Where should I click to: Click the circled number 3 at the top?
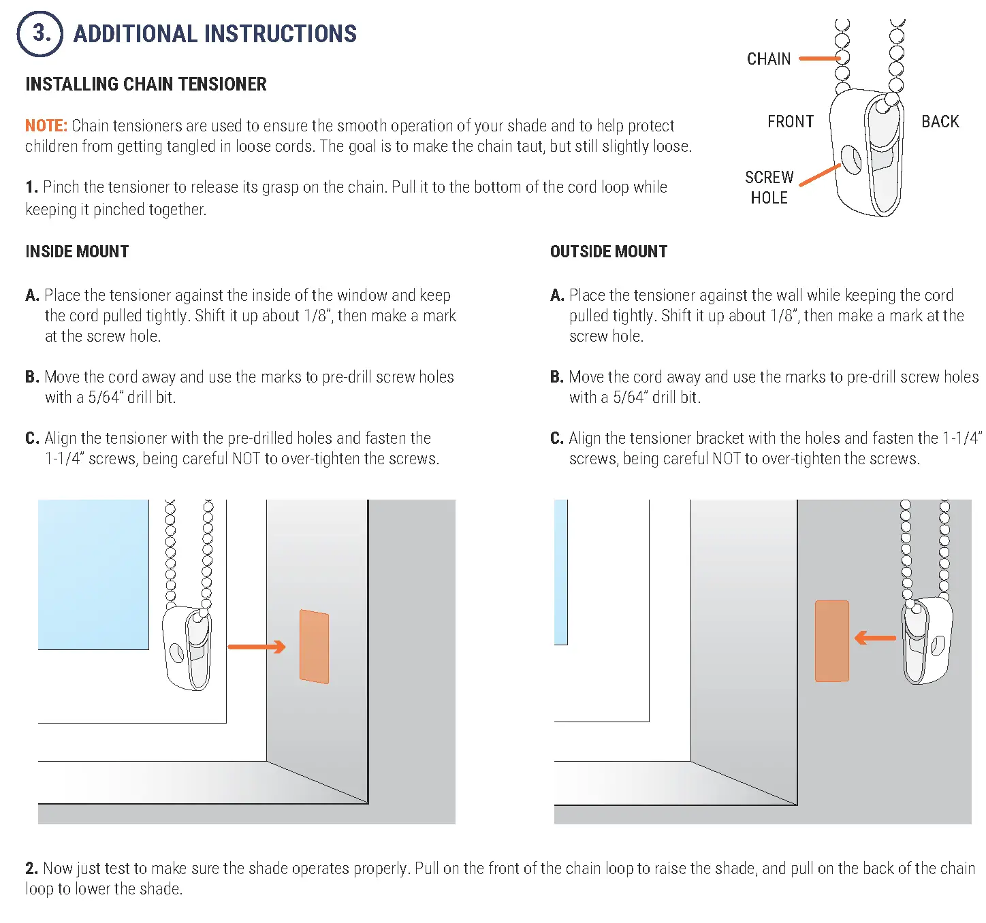point(40,33)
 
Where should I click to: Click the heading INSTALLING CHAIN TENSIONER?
point(146,84)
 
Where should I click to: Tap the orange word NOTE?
point(46,126)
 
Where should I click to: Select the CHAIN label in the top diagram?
point(769,59)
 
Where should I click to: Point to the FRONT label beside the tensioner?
point(790,122)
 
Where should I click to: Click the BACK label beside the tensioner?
point(940,122)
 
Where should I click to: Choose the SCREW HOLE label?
point(769,187)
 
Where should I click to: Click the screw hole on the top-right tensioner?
point(851,159)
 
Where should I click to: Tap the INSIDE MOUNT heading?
point(77,252)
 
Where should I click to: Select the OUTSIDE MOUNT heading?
point(608,252)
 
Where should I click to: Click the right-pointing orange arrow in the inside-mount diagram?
point(257,647)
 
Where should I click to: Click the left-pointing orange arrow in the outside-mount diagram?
point(875,638)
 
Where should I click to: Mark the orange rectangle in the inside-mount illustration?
point(314,646)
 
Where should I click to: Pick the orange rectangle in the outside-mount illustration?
point(831,641)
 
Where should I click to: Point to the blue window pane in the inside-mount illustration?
point(93,574)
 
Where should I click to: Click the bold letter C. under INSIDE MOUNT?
point(32,438)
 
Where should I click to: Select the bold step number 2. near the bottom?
point(31,869)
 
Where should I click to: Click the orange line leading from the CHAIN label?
point(818,59)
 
